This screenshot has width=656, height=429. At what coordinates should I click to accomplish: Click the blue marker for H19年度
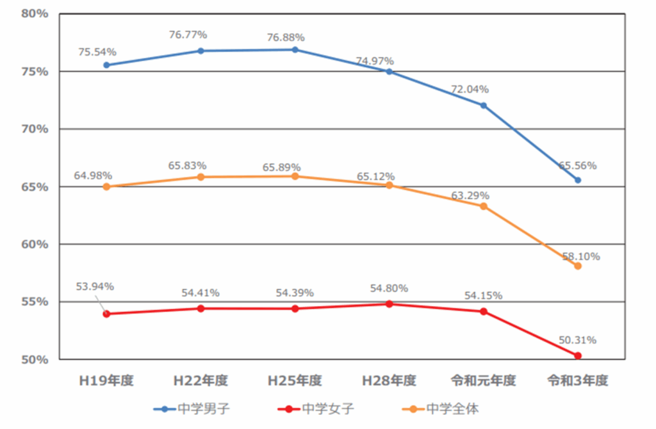[x=106, y=65]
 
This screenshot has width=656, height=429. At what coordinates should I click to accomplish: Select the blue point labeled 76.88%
[x=295, y=49]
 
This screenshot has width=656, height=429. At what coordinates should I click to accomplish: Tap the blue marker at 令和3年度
[x=577, y=180]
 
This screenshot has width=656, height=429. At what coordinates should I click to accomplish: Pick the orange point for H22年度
[x=201, y=177]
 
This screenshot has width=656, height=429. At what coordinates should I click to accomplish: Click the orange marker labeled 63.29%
[x=484, y=206]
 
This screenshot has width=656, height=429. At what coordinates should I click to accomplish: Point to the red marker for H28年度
[x=389, y=304]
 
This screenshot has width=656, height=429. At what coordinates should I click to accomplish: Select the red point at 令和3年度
[x=577, y=355]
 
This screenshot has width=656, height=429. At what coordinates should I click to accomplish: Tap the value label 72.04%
[x=470, y=89]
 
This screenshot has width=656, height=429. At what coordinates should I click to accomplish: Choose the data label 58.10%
[x=581, y=257]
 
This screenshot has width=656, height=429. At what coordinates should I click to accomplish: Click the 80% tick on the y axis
[x=33, y=13]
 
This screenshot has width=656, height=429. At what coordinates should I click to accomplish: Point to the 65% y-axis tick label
[x=33, y=187]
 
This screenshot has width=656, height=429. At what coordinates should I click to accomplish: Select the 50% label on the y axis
[x=33, y=360]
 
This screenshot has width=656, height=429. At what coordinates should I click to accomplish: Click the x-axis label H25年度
[x=295, y=381]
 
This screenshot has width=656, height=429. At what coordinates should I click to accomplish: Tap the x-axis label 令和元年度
[x=483, y=381]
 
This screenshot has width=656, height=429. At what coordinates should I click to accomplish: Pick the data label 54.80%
[x=389, y=289]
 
